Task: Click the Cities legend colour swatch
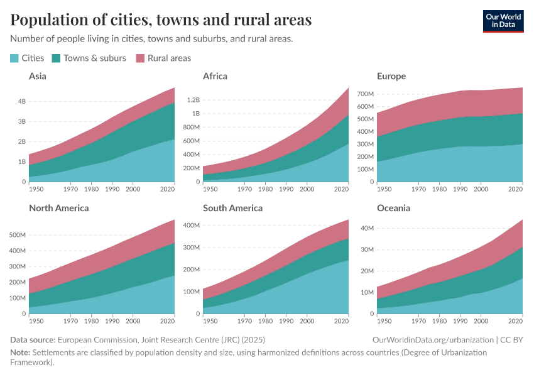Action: pyautogui.click(x=14, y=58)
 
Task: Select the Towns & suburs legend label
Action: pyautogui.click(x=94, y=58)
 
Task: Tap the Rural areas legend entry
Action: pyautogui.click(x=169, y=58)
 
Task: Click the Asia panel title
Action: pyautogui.click(x=38, y=76)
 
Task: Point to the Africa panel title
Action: pyautogui.click(x=215, y=76)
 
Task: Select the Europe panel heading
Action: pyautogui.click(x=391, y=76)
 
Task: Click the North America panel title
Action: pyautogui.click(x=59, y=207)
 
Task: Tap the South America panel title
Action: pyautogui.click(x=232, y=207)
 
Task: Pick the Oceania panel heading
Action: pyautogui.click(x=394, y=207)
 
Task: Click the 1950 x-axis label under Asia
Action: pyautogui.click(x=36, y=188)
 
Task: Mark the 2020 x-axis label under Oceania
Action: pyautogui.click(x=515, y=320)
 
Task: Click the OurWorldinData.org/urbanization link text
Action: pyautogui.click(x=433, y=339)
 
